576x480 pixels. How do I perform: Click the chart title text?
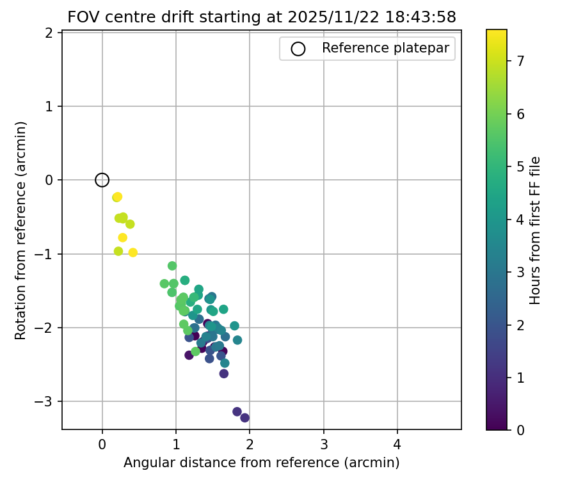tap(262, 17)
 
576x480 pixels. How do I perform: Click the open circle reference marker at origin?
tap(102, 180)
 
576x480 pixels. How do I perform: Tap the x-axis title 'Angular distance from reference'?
tap(261, 463)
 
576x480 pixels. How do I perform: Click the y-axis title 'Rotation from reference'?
tap(21, 230)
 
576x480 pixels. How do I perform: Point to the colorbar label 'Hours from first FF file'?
tap(536, 230)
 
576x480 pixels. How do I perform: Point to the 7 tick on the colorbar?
tap(520, 61)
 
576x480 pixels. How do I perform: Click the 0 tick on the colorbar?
tap(520, 430)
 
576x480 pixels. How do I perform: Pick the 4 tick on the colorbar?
tap(520, 220)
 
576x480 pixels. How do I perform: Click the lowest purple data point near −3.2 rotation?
tap(244, 418)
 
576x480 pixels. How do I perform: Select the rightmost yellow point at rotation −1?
tap(133, 252)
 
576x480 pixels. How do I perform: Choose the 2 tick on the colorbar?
tap(520, 324)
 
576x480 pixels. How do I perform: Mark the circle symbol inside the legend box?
tap(298, 49)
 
